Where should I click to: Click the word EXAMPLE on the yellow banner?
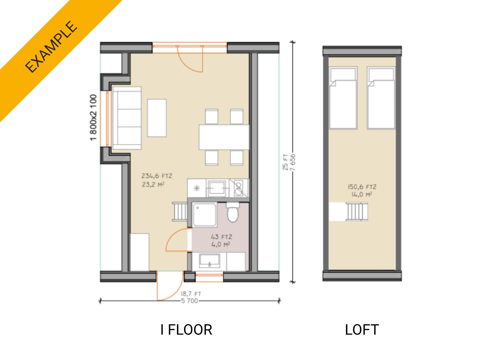[51, 47]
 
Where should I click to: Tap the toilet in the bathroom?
[233, 212]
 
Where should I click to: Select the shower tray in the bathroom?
[204, 215]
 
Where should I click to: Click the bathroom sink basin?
[209, 260]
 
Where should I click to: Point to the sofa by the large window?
[127, 118]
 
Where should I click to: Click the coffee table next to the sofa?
[157, 118]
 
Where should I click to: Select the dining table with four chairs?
[224, 137]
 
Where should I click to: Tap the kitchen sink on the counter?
[217, 188]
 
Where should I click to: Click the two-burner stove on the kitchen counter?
[238, 188]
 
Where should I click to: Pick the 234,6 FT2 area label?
[157, 176]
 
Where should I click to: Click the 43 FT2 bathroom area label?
[221, 237]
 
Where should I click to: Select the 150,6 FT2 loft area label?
[362, 187]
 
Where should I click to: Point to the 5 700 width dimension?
[190, 301]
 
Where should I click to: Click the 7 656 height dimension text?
[293, 162]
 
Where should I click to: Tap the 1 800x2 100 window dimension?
[94, 117]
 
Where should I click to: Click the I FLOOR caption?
[186, 330]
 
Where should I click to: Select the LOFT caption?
[362, 330]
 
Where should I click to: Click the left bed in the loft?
[343, 98]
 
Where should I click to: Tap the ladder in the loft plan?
[357, 212]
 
